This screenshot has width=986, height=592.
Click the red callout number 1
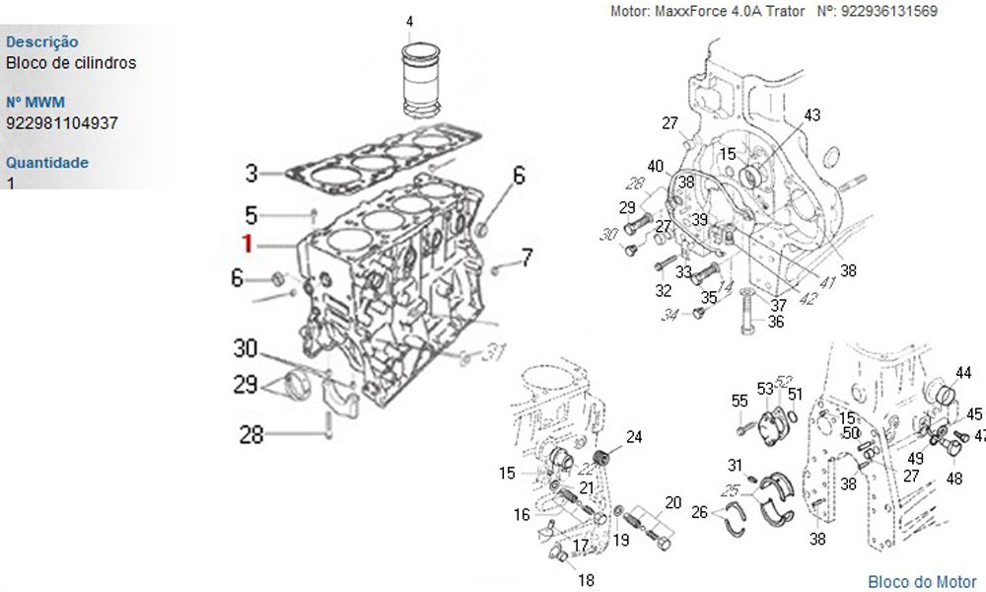click(x=248, y=244)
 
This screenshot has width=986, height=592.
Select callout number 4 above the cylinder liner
click(x=409, y=22)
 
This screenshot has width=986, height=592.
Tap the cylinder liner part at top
click(x=421, y=76)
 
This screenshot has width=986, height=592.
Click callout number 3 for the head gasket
click(x=252, y=175)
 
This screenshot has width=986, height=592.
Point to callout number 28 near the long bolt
click(x=251, y=434)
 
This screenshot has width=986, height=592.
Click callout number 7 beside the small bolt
click(x=527, y=259)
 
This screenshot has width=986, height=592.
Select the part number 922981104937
click(x=62, y=123)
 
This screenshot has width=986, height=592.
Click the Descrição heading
click(x=42, y=42)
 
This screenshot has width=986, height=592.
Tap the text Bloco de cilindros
click(x=71, y=63)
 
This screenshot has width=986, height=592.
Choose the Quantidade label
click(x=47, y=163)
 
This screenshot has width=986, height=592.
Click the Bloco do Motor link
click(x=922, y=582)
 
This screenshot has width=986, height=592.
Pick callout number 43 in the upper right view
click(x=811, y=115)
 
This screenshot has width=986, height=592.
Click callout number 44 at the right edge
click(x=963, y=372)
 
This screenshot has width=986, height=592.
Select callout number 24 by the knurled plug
click(x=634, y=436)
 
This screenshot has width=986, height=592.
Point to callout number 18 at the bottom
click(x=587, y=580)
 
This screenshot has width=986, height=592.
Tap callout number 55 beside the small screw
click(x=739, y=401)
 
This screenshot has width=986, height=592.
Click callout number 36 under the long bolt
click(x=776, y=322)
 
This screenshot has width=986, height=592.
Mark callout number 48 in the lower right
click(x=954, y=480)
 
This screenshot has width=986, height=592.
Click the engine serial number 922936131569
click(x=890, y=12)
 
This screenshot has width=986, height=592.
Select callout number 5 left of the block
click(x=251, y=214)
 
